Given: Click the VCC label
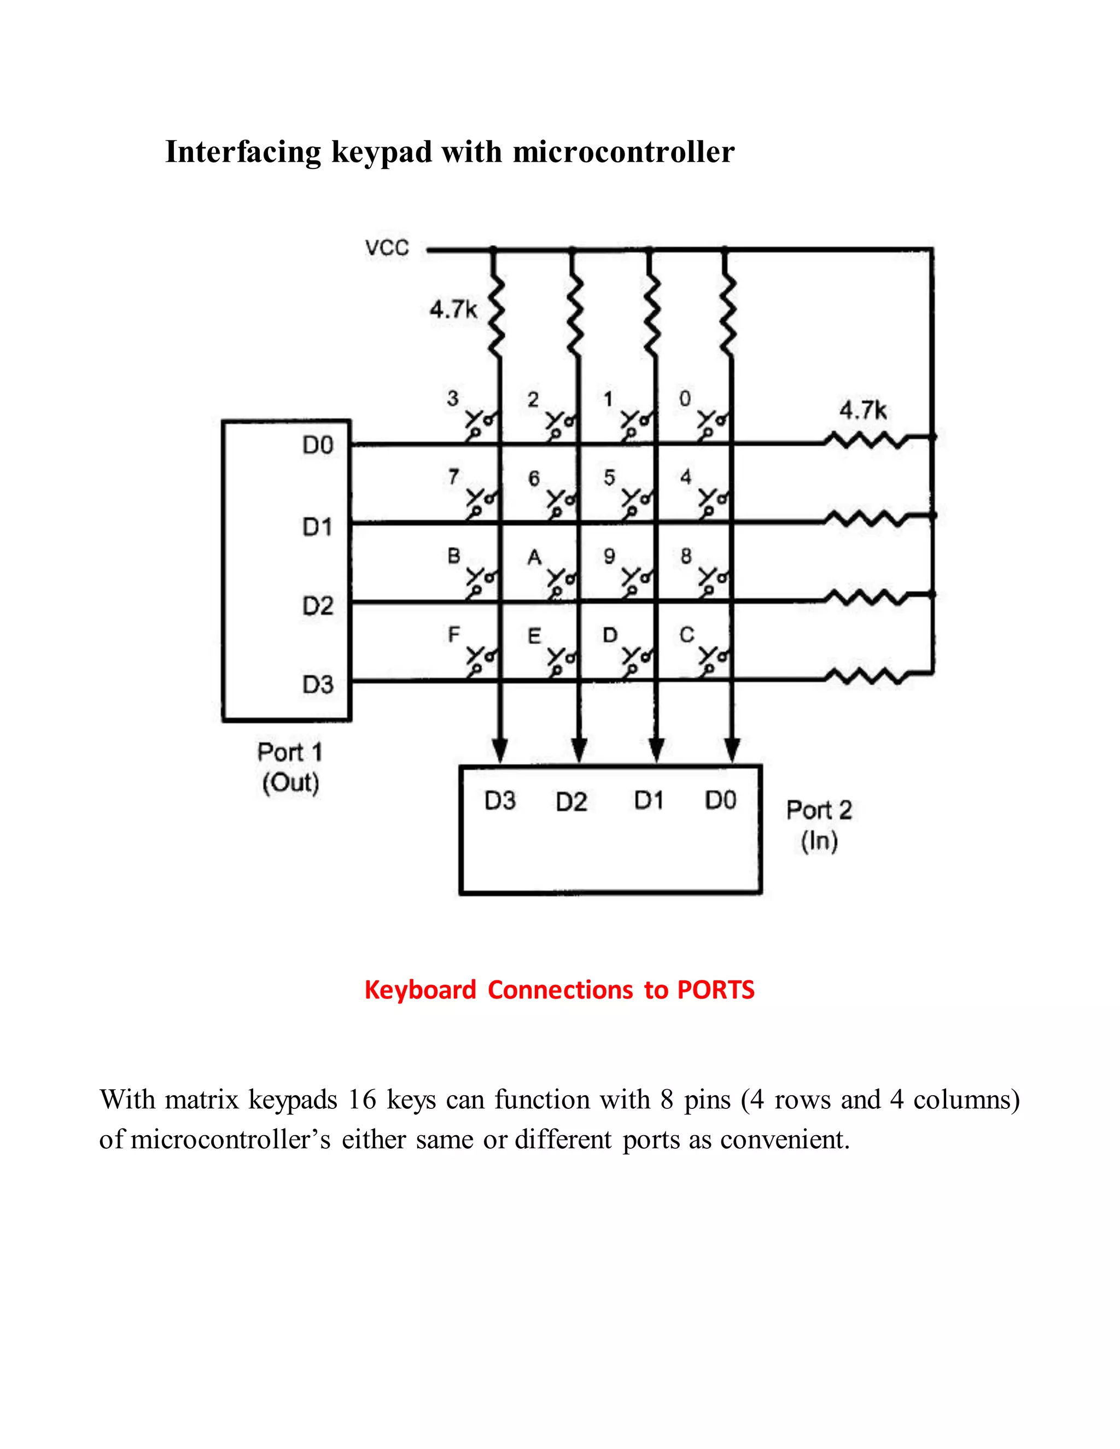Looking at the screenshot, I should [387, 248].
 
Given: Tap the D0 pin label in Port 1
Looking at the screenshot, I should [318, 445].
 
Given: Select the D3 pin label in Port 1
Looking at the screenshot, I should [318, 684].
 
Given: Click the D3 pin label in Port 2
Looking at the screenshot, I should [500, 801].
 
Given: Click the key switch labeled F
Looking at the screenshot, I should [479, 659].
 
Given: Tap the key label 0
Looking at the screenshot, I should [685, 398].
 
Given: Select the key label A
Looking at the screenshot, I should [534, 557].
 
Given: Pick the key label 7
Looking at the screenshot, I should [453, 476].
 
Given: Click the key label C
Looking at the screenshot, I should [687, 635].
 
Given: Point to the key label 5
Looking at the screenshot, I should [609, 477].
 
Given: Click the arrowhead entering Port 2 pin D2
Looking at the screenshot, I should [579, 750].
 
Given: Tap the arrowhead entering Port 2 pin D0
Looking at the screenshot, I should [732, 750].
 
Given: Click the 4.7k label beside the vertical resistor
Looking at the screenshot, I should [453, 309].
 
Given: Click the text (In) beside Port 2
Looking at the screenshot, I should [819, 840].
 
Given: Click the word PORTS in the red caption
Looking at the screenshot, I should [715, 990].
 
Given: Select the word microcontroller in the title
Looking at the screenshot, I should [623, 152].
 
